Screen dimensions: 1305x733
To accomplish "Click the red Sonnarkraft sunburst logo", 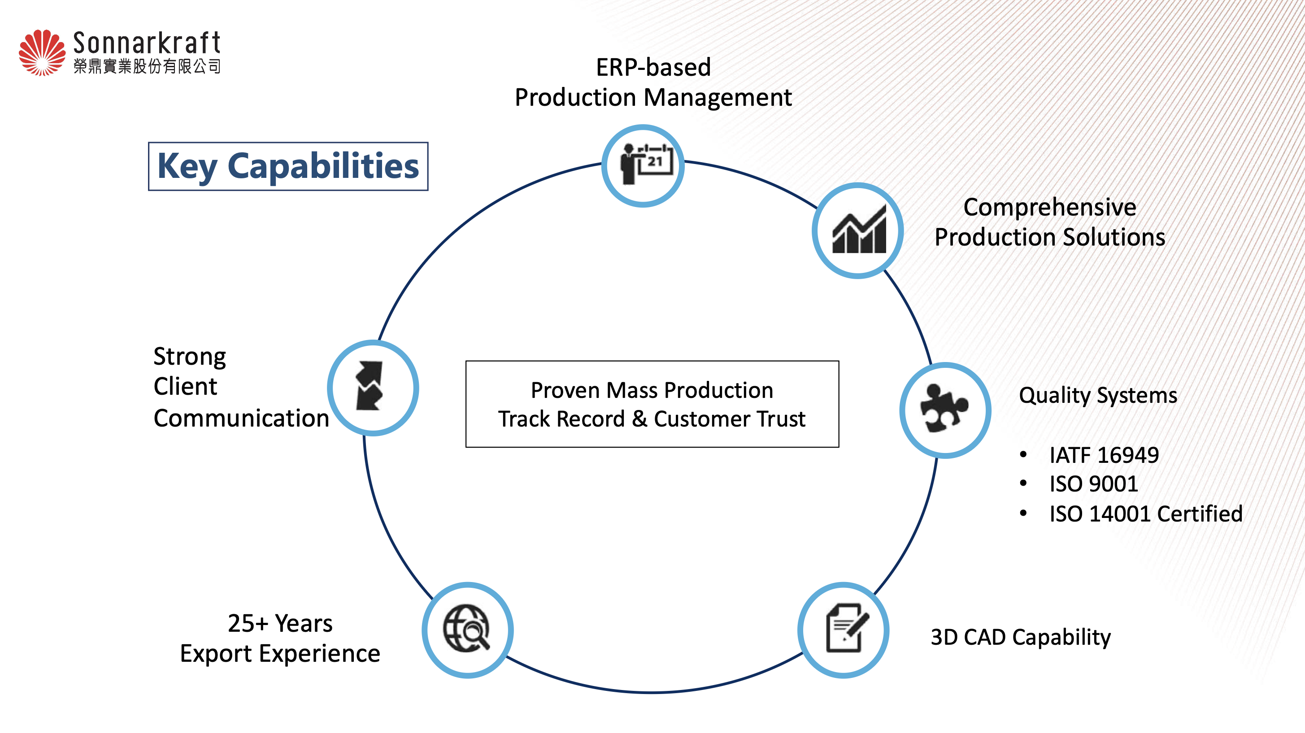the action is [42, 53].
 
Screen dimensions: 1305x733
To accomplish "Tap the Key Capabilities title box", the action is [288, 167].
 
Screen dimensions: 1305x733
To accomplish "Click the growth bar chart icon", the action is [859, 229].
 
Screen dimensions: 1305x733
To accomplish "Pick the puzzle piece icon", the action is [944, 409].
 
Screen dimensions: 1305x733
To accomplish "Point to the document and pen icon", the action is [847, 628].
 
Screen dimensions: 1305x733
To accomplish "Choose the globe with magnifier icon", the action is [466, 628].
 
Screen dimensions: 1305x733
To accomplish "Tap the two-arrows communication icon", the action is [370, 386].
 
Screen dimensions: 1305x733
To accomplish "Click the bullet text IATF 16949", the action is [1104, 455].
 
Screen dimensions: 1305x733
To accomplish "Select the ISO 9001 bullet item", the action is [1093, 484].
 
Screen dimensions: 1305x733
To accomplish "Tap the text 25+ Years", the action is [280, 623].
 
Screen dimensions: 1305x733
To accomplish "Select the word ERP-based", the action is [653, 67].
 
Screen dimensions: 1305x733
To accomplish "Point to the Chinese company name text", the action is [147, 66].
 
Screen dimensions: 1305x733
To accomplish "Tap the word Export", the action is [216, 654].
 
